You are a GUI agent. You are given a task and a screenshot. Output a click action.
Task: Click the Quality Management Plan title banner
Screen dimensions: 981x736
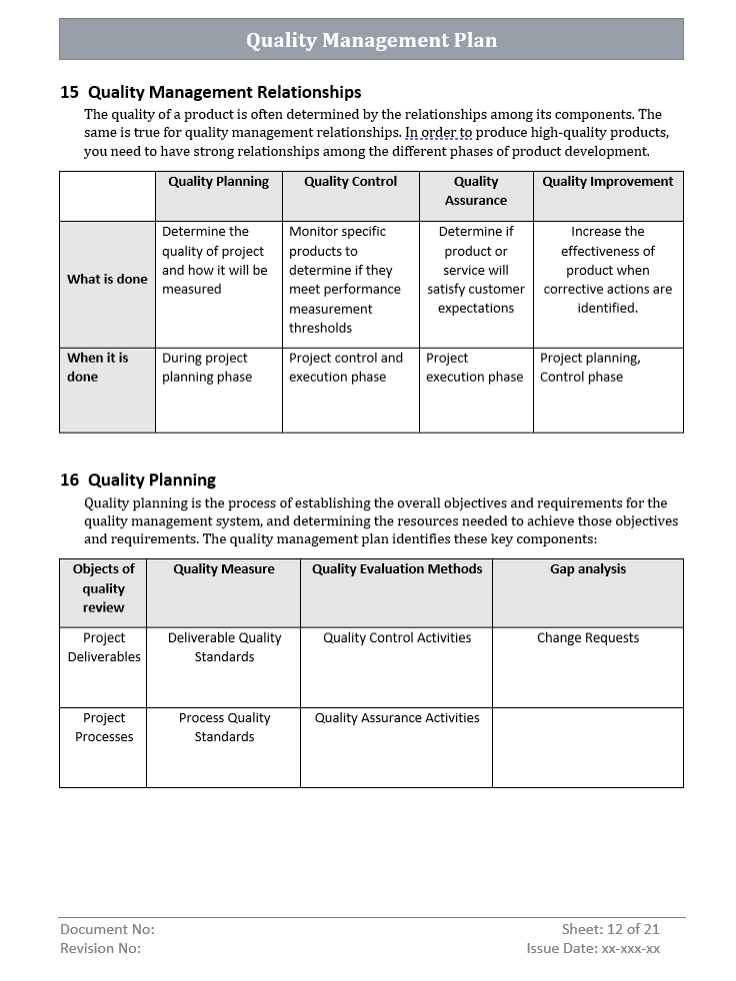pos(371,40)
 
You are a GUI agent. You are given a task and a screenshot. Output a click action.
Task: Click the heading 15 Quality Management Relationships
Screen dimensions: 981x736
pos(211,92)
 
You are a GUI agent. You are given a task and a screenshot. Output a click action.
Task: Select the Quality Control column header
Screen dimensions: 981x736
pos(350,182)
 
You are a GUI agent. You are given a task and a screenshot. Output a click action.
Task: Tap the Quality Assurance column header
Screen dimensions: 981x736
pos(476,191)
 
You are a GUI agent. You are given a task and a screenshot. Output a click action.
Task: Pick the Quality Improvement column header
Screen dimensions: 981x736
pos(608,182)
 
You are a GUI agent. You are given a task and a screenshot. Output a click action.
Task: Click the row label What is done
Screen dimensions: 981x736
pos(107,280)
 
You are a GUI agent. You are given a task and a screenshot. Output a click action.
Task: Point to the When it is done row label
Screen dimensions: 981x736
pos(97,368)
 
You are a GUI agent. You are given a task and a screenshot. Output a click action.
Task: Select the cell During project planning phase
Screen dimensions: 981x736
pos(207,368)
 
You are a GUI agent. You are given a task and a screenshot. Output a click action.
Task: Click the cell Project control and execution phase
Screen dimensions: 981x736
pos(346,368)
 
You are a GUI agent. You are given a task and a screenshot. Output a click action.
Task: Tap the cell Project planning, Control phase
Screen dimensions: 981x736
pos(590,368)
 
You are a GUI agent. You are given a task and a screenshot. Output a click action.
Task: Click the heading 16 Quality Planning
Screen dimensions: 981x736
pos(138,480)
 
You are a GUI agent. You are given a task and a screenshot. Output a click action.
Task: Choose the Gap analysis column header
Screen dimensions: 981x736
pos(588,569)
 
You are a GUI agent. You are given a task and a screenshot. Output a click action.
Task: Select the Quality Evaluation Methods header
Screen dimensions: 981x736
pos(397,569)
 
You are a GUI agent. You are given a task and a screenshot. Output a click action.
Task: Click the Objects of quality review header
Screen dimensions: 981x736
pos(103,588)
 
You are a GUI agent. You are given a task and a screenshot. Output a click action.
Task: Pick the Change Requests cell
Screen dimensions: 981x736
pos(588,638)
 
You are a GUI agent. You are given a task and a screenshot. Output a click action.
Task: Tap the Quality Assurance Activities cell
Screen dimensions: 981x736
pos(397,718)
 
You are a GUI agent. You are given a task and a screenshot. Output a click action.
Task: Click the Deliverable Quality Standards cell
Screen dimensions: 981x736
pos(224,647)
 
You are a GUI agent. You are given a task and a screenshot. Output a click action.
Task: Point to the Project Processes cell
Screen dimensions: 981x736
pos(103,727)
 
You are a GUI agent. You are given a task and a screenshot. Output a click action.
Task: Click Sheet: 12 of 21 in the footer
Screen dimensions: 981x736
pos(610,929)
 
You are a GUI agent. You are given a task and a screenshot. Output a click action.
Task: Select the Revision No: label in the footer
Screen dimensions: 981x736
pos(100,949)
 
